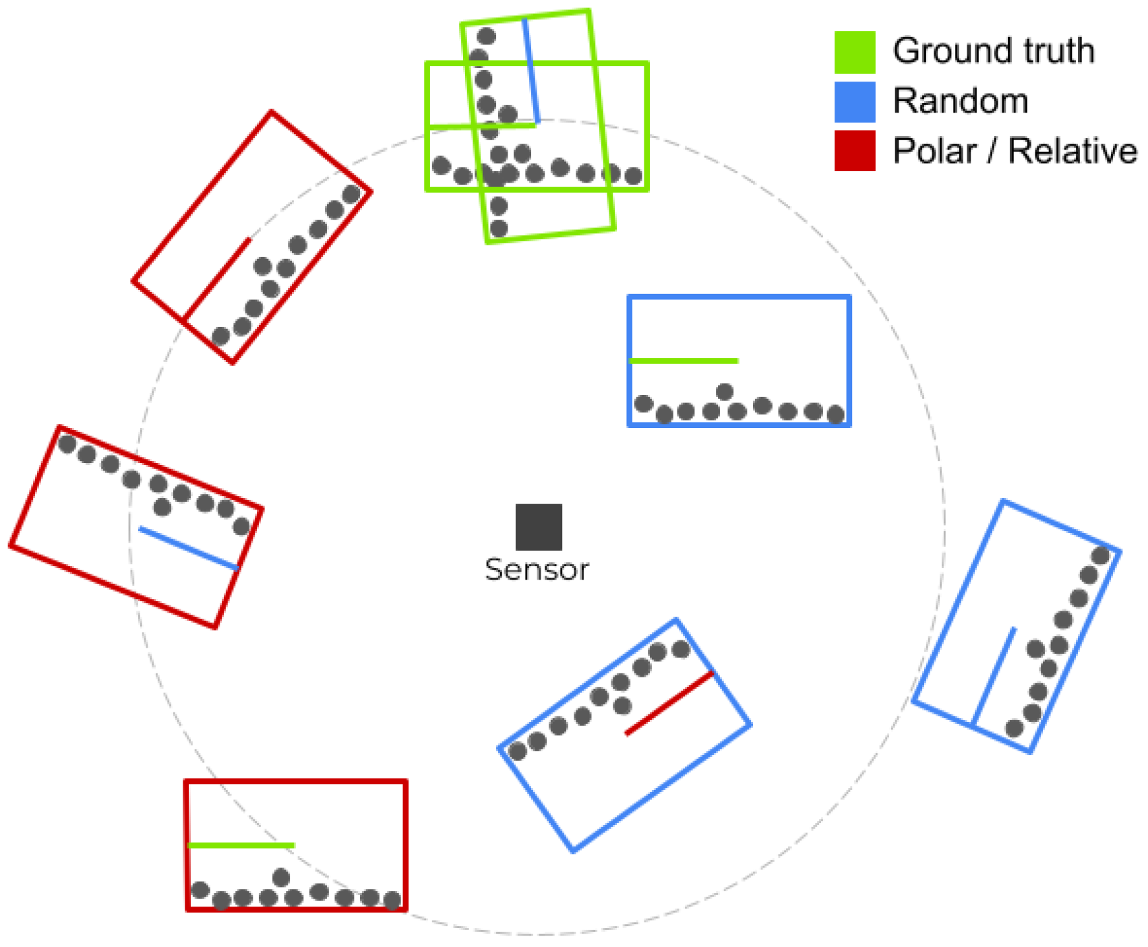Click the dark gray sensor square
pyautogui.click(x=539, y=527)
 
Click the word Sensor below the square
pyautogui.click(x=537, y=570)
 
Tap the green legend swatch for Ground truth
pyautogui.click(x=854, y=52)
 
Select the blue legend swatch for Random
pyautogui.click(x=854, y=102)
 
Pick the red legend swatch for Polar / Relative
pyautogui.click(x=854, y=151)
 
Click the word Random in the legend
pyautogui.click(x=960, y=102)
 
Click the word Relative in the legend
pyautogui.click(x=1072, y=151)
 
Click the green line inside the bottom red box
pyautogui.click(x=241, y=845)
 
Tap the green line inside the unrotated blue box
pyautogui.click(x=684, y=361)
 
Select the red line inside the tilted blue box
pyautogui.click(x=669, y=704)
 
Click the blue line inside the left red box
pyautogui.click(x=189, y=549)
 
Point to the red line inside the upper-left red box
pyautogui.click(x=216, y=278)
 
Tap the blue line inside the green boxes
pyautogui.click(x=531, y=71)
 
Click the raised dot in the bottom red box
pyautogui.click(x=281, y=878)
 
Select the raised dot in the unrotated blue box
pyautogui.click(x=725, y=392)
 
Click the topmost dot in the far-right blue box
pyautogui.click(x=1100, y=556)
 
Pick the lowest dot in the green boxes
pyautogui.click(x=499, y=228)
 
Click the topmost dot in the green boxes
pyautogui.click(x=486, y=36)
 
